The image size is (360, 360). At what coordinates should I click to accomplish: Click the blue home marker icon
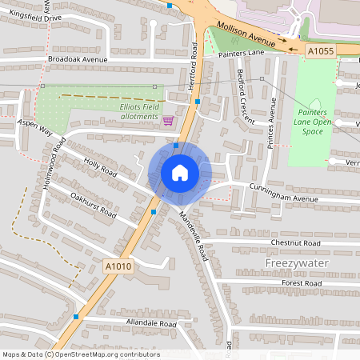click(x=180, y=172)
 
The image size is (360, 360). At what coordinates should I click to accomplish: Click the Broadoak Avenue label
click(x=77, y=59)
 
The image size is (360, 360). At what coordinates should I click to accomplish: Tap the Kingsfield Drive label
click(x=31, y=17)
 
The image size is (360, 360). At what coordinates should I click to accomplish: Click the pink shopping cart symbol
click(x=168, y=121)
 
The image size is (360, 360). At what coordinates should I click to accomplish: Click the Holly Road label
click(x=100, y=169)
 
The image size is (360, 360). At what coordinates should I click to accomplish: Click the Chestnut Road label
click(x=295, y=242)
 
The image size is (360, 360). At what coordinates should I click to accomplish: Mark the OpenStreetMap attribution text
click(x=80, y=354)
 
